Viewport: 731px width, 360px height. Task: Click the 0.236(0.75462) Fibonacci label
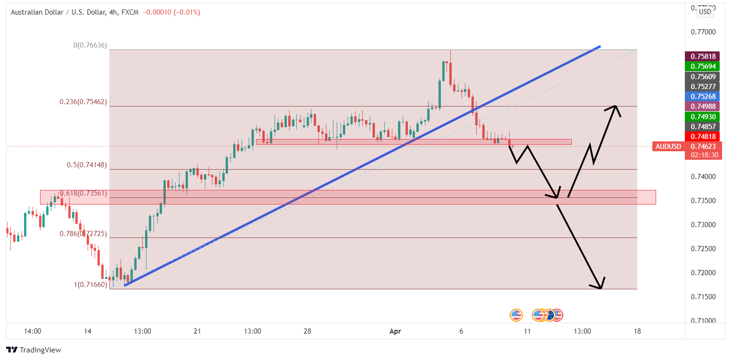(83, 102)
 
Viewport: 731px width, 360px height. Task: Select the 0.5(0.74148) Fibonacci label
(87, 165)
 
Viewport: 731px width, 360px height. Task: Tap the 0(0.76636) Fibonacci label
(90, 46)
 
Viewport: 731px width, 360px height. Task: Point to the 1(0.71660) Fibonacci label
(90, 285)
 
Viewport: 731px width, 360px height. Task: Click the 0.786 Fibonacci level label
(83, 234)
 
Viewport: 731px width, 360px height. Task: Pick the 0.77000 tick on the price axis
(703, 32)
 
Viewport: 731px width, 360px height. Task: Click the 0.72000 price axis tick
(703, 273)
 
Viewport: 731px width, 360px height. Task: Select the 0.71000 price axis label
(703, 321)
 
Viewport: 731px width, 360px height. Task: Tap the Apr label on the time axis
(395, 331)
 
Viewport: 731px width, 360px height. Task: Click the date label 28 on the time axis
(307, 331)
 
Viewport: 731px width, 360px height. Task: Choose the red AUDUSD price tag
(668, 147)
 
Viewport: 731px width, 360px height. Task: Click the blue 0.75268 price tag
(703, 96)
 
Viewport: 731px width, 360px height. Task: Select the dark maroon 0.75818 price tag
(703, 56)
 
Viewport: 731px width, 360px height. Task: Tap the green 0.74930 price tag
(703, 116)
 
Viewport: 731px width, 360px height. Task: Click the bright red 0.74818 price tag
(703, 137)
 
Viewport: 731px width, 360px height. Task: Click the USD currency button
(705, 12)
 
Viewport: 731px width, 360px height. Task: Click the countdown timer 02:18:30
(703, 155)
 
